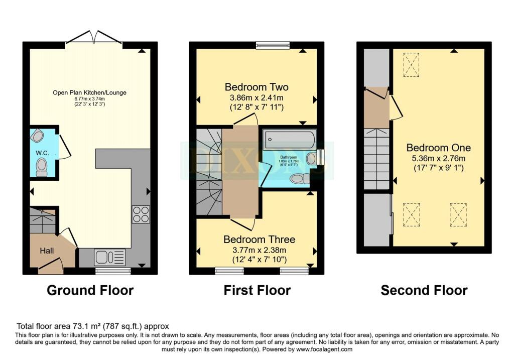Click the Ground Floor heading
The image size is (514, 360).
point(90,290)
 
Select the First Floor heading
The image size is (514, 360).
point(256,290)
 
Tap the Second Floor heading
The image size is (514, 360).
point(424,290)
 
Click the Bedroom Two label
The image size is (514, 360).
point(256,87)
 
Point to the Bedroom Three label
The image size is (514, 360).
point(259,239)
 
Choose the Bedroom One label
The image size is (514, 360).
point(438,148)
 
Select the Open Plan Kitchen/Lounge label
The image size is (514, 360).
point(90,92)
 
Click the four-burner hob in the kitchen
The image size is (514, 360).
point(141,214)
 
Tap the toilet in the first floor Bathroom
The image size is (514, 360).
point(300,178)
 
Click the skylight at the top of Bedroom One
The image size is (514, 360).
point(411,65)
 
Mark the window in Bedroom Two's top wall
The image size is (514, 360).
point(273,46)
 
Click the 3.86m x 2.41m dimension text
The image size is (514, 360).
point(256,97)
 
